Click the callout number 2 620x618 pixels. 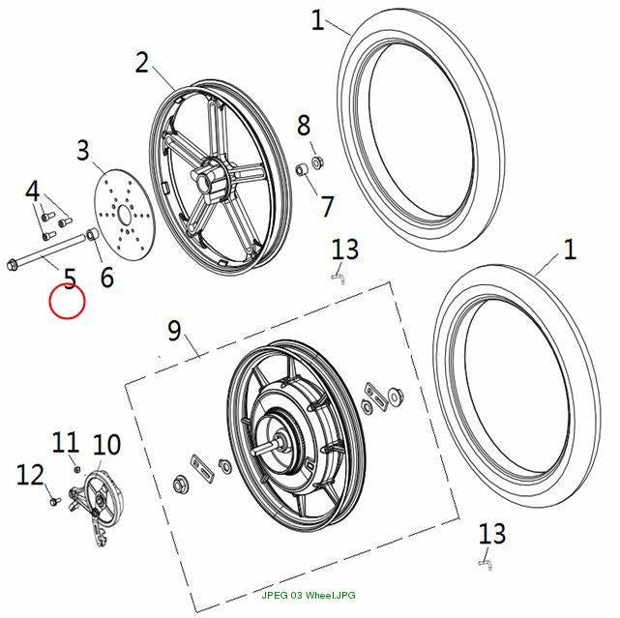[x=141, y=63]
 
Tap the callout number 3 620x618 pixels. [x=82, y=150]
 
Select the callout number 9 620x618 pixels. [x=174, y=331]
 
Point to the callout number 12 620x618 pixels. [x=30, y=475]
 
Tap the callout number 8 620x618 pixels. [x=304, y=126]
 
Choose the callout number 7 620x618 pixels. [x=327, y=206]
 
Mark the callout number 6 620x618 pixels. [x=107, y=277]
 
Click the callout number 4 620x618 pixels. [x=33, y=191]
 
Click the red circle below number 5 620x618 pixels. [x=67, y=302]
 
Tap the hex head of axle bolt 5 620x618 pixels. [x=12, y=264]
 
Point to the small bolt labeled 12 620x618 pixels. [x=55, y=501]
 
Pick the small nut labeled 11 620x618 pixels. [x=78, y=469]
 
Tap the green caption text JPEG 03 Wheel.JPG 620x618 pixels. [x=309, y=595]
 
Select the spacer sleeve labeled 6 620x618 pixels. [x=93, y=234]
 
